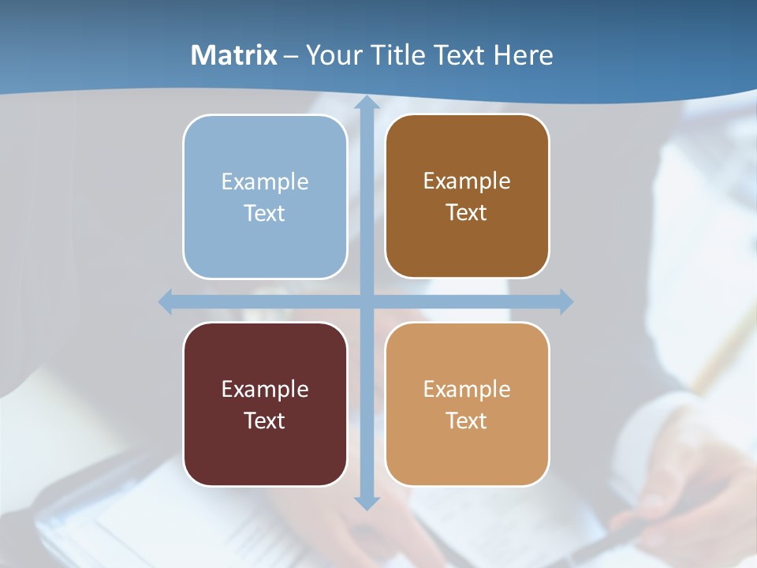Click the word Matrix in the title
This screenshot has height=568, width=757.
coord(234,55)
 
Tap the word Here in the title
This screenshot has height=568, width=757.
coord(524,55)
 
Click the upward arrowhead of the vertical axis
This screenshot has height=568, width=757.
coord(366,103)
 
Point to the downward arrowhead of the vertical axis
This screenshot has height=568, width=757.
coord(366,503)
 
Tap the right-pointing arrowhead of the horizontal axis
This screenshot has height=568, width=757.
coord(565,301)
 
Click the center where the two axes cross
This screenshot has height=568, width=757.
coord(366,301)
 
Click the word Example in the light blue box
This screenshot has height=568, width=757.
coord(265,181)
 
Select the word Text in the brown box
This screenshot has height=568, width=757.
coord(467,213)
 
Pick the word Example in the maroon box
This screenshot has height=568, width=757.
coord(265,389)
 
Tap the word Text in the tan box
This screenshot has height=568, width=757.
coord(467,420)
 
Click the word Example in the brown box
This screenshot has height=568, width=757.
coord(467,181)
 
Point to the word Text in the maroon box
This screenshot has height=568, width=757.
coord(265,420)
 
